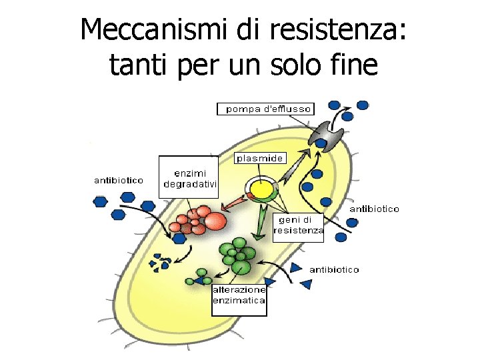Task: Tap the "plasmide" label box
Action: tap(261, 158)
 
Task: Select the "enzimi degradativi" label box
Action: tap(189, 177)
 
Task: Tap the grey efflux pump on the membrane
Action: tap(327, 135)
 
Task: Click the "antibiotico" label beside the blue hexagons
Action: tap(118, 180)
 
